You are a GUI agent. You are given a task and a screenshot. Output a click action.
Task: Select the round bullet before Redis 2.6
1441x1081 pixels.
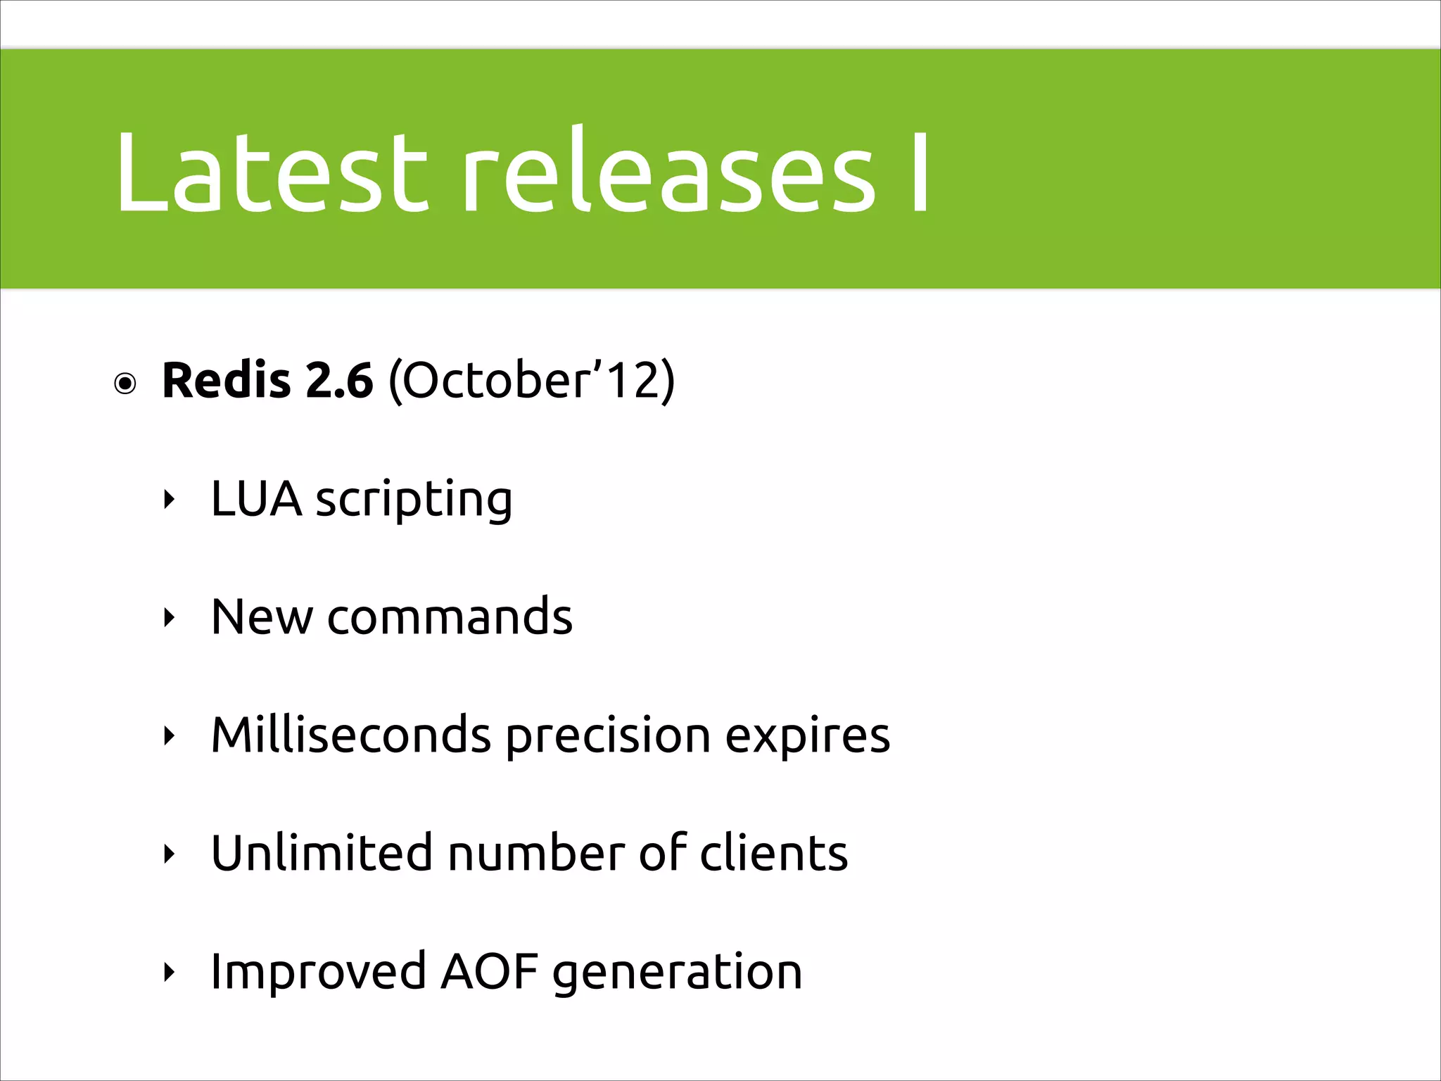point(125,384)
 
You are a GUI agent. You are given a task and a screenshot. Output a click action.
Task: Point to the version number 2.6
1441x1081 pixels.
point(339,381)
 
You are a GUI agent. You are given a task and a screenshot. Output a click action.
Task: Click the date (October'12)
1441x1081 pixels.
point(531,381)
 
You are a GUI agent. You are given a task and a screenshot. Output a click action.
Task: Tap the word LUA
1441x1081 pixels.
point(256,499)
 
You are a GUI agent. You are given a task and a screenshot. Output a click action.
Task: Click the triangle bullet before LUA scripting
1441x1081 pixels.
point(168,500)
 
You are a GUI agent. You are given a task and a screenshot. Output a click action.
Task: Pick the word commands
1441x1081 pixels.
point(450,617)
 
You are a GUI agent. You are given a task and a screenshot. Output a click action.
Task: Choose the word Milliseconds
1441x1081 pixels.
point(350,735)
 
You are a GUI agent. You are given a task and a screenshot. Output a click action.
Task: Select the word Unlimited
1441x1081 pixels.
point(321,854)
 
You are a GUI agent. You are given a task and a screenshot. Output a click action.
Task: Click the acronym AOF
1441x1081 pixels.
point(489,972)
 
